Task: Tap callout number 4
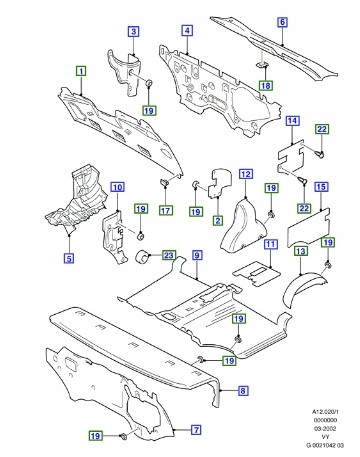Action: coord(187,33)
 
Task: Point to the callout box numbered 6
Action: coord(282,22)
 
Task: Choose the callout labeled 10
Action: coord(117,188)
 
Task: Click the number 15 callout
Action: coord(321,187)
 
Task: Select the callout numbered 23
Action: coord(169,255)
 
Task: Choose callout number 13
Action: coord(300,252)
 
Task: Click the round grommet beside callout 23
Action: coord(142,260)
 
